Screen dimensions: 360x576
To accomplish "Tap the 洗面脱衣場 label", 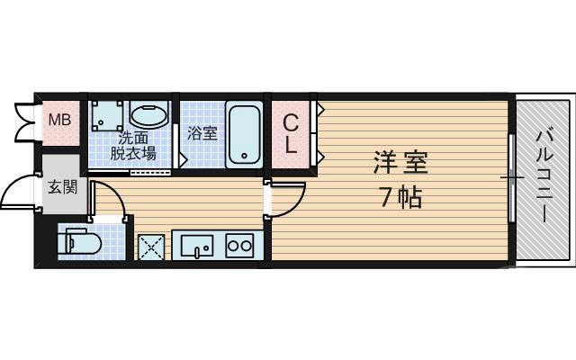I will point(133,145).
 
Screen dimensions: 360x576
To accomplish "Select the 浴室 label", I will point(202,134).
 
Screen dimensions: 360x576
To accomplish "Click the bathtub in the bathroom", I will point(243,134).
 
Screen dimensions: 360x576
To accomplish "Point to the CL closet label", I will point(292,132).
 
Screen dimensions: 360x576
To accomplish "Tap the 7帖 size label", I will point(400,196).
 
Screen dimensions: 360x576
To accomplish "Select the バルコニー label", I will point(544,176).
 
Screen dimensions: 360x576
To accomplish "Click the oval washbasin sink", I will point(148,115).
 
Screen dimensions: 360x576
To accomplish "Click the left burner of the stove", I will point(233,245).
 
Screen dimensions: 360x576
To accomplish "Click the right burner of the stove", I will point(247,245).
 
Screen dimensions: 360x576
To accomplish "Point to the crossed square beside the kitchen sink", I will point(149,246).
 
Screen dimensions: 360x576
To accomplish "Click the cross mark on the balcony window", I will point(512,177).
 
